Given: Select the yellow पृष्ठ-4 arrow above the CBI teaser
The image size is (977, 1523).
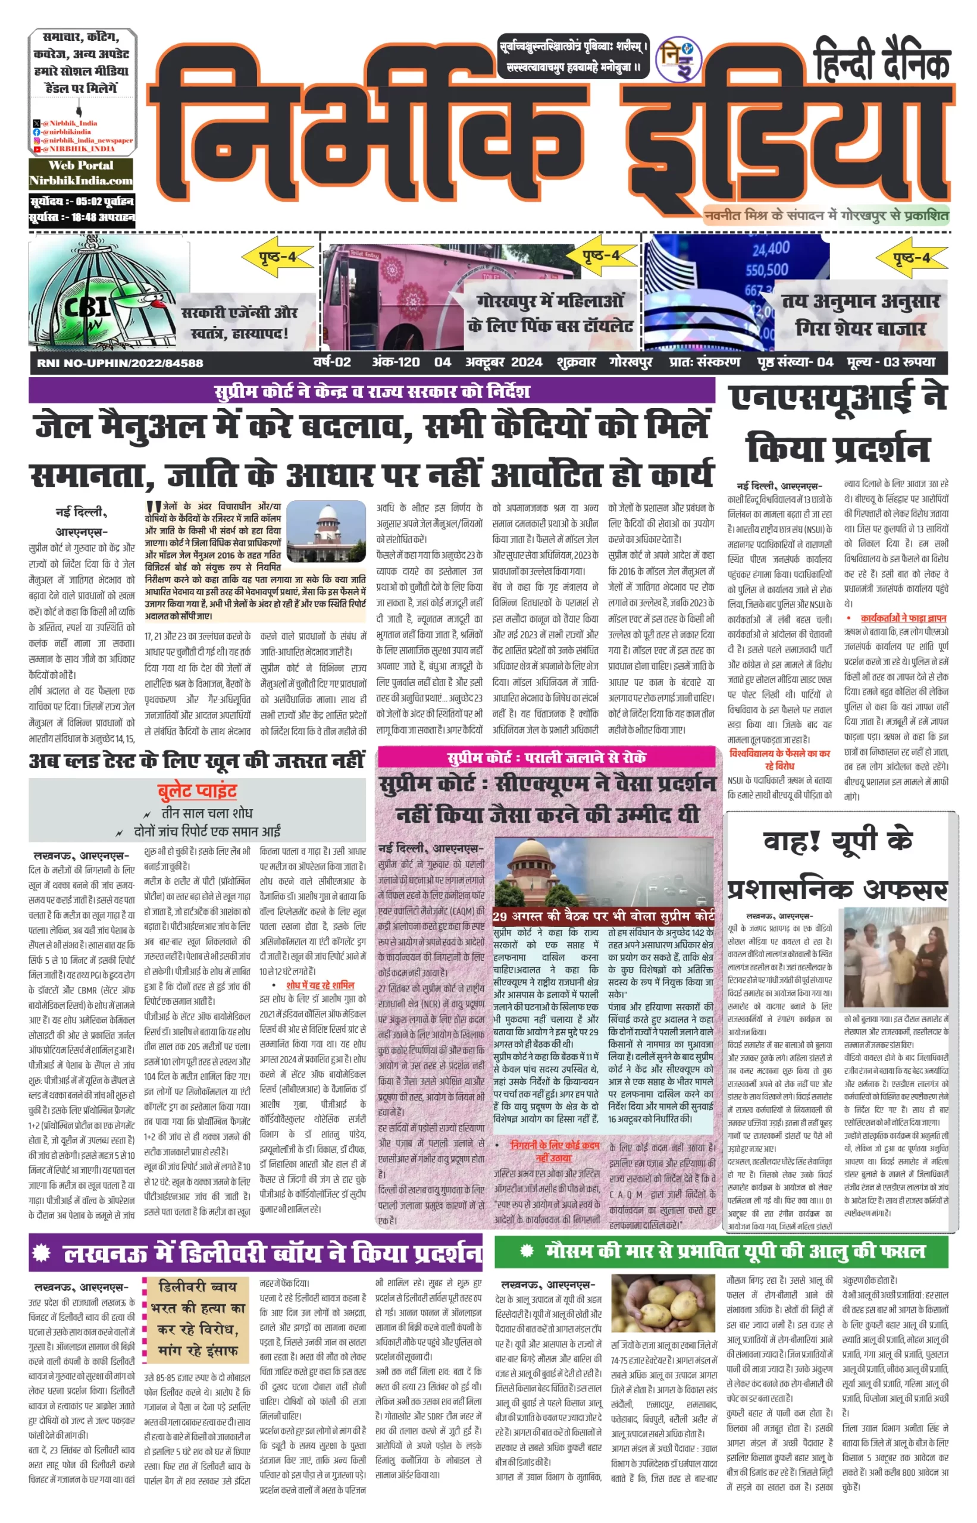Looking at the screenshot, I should (278, 258).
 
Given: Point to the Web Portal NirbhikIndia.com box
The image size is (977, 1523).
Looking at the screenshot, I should (81, 173).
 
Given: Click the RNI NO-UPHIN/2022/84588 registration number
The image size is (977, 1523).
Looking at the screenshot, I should (120, 363).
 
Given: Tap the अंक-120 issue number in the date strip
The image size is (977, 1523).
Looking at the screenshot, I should (395, 362).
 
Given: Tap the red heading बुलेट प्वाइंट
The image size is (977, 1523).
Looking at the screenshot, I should (198, 791).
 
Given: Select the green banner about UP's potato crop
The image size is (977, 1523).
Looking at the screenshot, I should (721, 1252).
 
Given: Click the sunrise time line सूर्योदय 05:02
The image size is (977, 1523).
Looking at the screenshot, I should (82, 202).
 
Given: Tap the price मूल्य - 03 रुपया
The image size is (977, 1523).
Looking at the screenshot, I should (891, 362).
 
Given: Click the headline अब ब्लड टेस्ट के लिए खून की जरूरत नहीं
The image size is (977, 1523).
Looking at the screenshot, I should (197, 760).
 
